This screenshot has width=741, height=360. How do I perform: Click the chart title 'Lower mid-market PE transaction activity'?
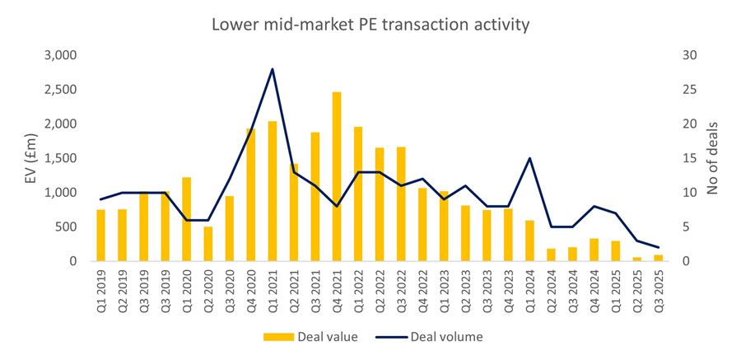[370, 25]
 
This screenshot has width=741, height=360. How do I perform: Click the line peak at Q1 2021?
[273, 69]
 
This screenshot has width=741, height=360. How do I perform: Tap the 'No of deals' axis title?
[713, 158]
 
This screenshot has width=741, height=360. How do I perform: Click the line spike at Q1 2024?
[529, 158]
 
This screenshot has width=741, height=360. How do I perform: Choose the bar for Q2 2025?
[636, 259]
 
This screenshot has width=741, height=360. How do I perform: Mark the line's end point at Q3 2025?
[658, 247]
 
